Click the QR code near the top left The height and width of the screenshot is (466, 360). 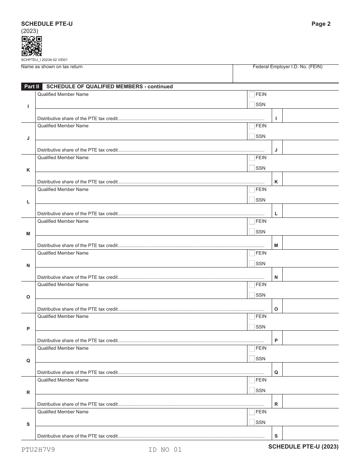[31, 46]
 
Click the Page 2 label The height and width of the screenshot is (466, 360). [321, 24]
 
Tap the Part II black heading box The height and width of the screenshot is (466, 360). [32, 86]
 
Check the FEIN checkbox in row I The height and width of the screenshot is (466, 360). [252, 95]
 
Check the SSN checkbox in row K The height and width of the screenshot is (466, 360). [252, 168]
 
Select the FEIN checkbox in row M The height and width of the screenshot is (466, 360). [252, 222]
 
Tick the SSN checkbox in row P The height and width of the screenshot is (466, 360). [252, 327]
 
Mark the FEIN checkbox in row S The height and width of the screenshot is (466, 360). [252, 412]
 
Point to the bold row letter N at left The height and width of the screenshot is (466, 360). [28, 266]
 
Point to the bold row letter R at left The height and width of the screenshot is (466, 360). [28, 393]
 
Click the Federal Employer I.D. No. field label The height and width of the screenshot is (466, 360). [287, 67]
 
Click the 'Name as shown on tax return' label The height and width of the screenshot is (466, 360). [52, 67]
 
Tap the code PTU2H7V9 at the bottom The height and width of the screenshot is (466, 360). [38, 450]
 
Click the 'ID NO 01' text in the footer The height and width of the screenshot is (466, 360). [165, 450]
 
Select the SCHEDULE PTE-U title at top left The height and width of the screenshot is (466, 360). [47, 24]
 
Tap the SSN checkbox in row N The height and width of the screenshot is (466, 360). [252, 264]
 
